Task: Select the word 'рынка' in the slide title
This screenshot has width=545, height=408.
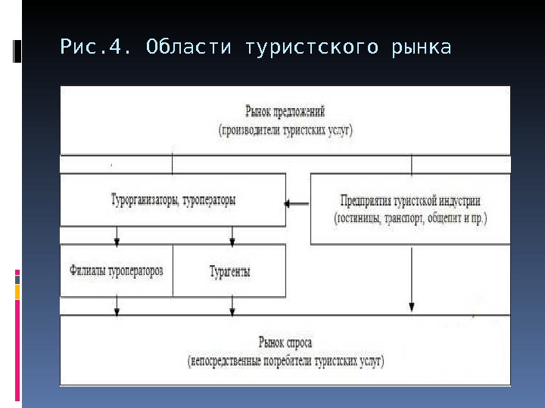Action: tap(422, 49)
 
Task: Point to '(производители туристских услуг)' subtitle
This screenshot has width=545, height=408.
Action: tap(286, 130)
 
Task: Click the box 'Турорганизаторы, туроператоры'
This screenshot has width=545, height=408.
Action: tap(173, 201)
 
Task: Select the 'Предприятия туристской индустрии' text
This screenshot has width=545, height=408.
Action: tap(410, 202)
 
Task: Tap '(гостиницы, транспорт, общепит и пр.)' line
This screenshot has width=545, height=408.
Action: tap(410, 218)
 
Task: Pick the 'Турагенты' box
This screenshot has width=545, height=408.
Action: tap(229, 270)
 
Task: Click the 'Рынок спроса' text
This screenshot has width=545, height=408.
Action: tap(285, 342)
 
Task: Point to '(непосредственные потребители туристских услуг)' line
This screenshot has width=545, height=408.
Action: tap(285, 361)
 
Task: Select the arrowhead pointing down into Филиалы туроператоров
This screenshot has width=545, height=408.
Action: tap(117, 242)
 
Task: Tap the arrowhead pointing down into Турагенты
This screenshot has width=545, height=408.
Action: tap(232, 242)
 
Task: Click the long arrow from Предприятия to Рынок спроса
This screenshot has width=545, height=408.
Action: tap(411, 280)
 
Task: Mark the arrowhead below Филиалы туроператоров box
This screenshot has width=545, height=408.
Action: tap(117, 310)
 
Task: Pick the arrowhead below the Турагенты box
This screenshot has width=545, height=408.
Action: tap(232, 310)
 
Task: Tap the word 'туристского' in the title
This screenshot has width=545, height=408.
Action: tap(312, 49)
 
